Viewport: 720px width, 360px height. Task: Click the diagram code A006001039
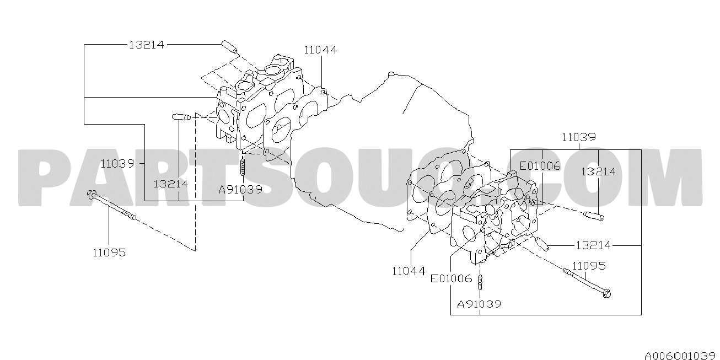(682, 356)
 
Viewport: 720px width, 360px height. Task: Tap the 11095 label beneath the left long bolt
(109, 252)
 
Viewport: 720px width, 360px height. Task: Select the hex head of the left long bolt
(91, 194)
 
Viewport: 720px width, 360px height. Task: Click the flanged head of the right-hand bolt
(606, 293)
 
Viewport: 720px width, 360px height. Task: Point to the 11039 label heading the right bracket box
(579, 137)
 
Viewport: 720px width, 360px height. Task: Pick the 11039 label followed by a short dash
(117, 164)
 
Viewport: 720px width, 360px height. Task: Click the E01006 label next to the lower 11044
(452, 278)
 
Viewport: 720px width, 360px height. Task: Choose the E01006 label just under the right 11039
(540, 166)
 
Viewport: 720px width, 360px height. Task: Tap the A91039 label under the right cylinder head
(479, 304)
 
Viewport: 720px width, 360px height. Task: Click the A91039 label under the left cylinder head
(240, 190)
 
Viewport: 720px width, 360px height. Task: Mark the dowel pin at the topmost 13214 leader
(229, 47)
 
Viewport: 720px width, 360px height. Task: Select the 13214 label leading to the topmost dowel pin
(147, 45)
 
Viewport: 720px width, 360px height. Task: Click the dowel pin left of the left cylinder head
(181, 117)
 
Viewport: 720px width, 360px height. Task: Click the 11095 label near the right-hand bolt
(589, 266)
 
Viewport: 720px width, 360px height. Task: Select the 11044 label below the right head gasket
(409, 271)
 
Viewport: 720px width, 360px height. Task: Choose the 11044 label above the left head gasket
(320, 50)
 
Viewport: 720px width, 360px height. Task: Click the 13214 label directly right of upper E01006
(598, 171)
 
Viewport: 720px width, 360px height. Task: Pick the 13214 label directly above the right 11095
(593, 245)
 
